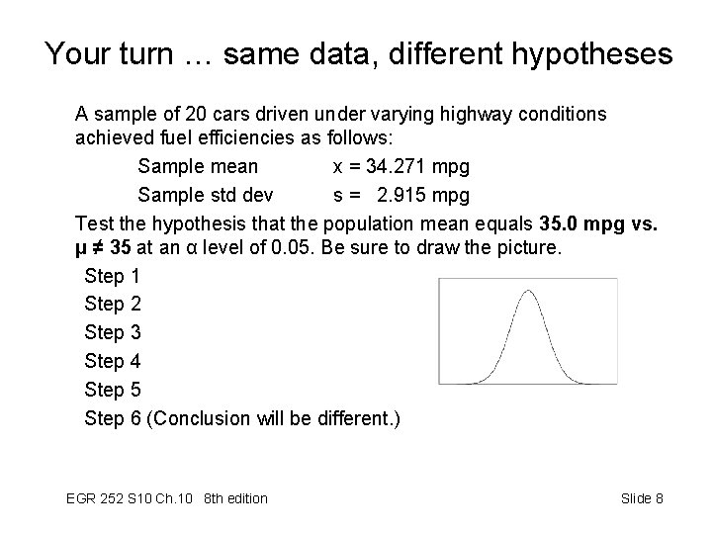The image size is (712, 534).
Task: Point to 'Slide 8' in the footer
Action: pyautogui.click(x=642, y=498)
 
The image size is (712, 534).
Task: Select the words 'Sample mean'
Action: pyautogui.click(x=198, y=165)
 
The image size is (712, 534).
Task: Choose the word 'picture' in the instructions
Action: pyautogui.click(x=525, y=247)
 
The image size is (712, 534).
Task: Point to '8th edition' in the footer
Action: pyautogui.click(x=234, y=498)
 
